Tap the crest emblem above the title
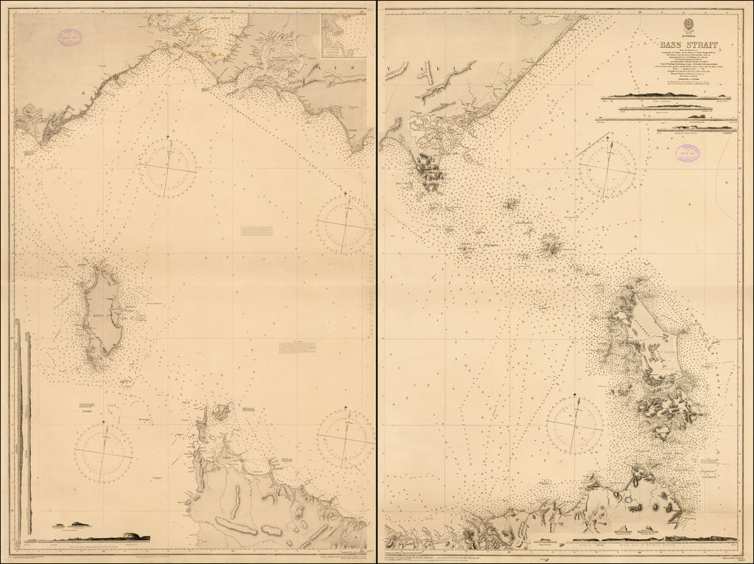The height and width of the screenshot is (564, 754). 669,23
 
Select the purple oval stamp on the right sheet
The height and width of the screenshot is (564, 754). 688,153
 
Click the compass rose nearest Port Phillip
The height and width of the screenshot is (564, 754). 169,170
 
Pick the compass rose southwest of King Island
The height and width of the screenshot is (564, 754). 103,452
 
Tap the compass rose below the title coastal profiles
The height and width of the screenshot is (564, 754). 607,170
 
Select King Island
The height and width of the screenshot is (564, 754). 104,313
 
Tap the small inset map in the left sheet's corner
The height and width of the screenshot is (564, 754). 342,32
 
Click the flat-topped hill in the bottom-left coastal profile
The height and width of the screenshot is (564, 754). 133,535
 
